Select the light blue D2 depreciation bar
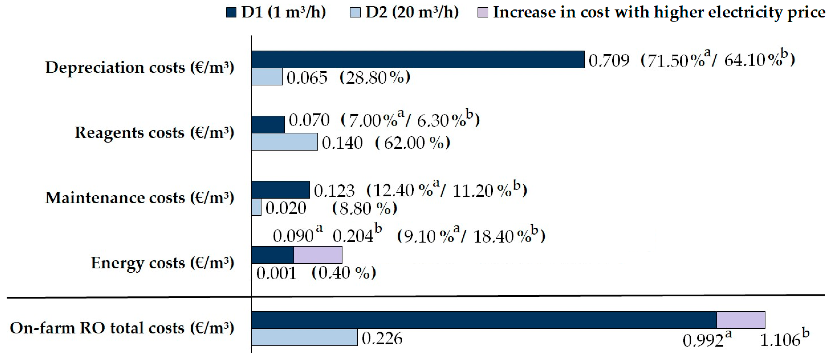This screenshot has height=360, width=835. pos(267,77)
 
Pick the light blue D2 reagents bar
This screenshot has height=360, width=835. pos(284,142)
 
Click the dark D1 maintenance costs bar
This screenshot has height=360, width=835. pos(280,190)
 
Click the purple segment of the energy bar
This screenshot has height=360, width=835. pos(318,255)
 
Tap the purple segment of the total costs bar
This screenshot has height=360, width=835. pos(741,320)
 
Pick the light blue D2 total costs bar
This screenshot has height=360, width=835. pos(304,337)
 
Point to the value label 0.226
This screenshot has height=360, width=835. pos(382,339)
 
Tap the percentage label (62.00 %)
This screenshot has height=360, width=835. pos(412,143)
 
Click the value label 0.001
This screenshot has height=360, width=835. pos(277,273)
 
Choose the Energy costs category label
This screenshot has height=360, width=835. pos(162,263)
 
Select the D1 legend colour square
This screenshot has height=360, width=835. pos(231,13)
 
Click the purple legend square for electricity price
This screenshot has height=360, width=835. pos(483,13)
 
